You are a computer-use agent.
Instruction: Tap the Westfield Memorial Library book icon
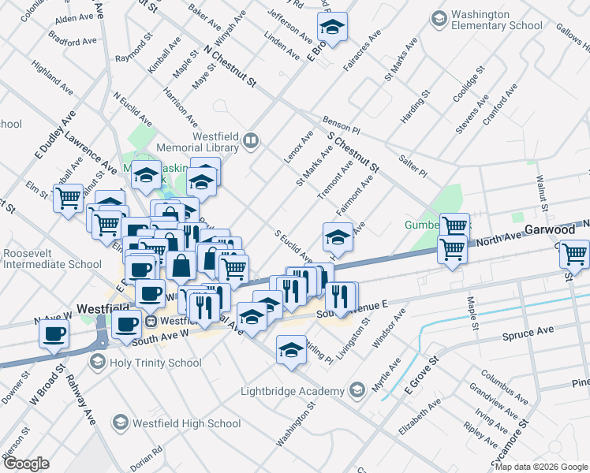251,141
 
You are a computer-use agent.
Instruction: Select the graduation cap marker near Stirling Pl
291,349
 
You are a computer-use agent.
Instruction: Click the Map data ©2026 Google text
541,467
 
